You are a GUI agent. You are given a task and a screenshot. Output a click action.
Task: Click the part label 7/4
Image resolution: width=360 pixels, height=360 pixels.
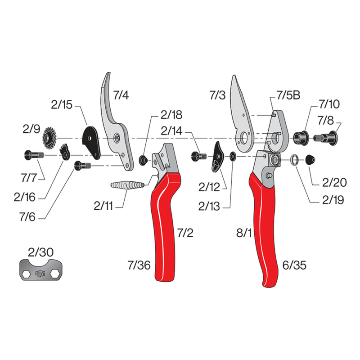pos(121,95)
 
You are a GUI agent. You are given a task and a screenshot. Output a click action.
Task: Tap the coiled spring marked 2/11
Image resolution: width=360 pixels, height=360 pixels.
pos(127,185)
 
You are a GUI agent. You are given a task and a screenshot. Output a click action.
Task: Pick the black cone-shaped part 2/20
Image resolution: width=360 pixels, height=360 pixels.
pos(310,159)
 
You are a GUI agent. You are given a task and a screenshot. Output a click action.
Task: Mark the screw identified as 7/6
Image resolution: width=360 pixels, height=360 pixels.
pos(82,166)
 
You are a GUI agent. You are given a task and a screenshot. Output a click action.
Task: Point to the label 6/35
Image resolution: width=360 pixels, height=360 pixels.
pos(295,266)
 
